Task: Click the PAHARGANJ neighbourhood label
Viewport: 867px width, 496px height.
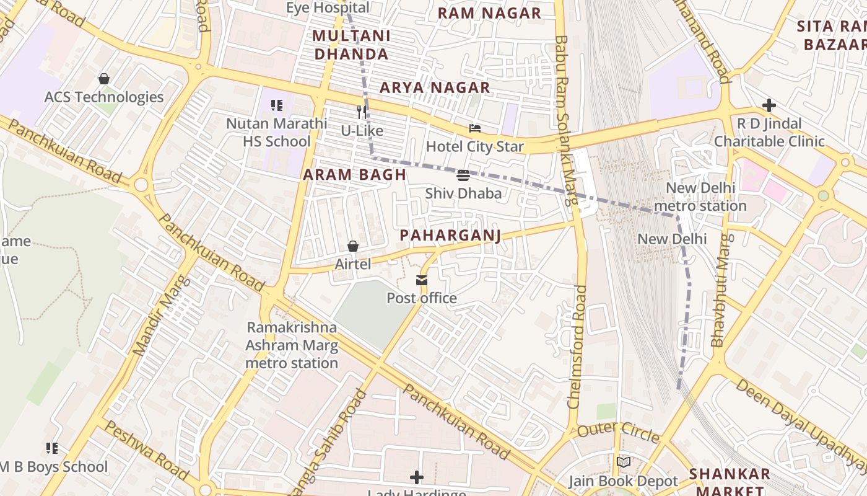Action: pyautogui.click(x=450, y=236)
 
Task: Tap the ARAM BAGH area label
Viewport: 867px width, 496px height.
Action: pyautogui.click(x=354, y=175)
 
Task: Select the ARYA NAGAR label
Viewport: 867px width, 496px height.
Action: pyautogui.click(x=435, y=88)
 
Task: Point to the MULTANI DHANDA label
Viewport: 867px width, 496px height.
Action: pyautogui.click(x=351, y=45)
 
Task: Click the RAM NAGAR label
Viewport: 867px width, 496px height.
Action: pyautogui.click(x=489, y=13)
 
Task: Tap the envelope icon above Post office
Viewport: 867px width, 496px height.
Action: pyautogui.click(x=422, y=280)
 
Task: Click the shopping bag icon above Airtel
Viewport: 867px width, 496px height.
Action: pyautogui.click(x=353, y=247)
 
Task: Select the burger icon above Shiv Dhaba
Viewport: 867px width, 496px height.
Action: pyautogui.click(x=463, y=175)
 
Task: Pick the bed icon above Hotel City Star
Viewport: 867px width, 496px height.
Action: pyautogui.click(x=475, y=128)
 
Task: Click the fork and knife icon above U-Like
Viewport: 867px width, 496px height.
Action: pyautogui.click(x=362, y=112)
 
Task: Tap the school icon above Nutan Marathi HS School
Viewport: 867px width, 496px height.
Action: pyautogui.click(x=276, y=105)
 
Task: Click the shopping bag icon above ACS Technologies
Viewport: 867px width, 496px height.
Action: pyautogui.click(x=104, y=79)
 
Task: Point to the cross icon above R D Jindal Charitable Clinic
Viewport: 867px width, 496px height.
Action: pyautogui.click(x=769, y=105)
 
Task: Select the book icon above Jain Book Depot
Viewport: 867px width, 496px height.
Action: pyautogui.click(x=624, y=463)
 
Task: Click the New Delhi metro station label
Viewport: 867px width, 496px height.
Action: pyautogui.click(x=700, y=197)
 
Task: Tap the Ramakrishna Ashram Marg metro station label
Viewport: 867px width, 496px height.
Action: pyautogui.click(x=292, y=345)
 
